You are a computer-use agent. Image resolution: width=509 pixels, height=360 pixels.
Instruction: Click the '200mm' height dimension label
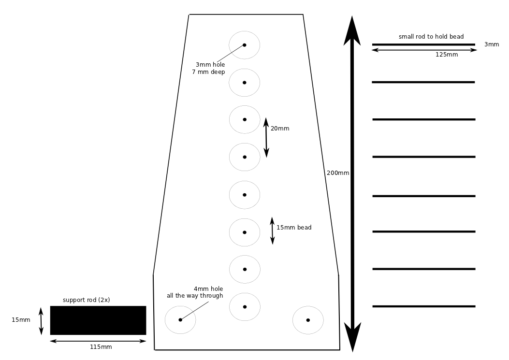tap(337, 173)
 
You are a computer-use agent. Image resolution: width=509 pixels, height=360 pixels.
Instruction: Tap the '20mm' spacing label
tap(280, 129)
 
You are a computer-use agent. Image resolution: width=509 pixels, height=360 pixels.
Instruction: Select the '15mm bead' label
tap(294, 228)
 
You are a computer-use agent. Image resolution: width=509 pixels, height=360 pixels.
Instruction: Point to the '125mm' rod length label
tap(447, 55)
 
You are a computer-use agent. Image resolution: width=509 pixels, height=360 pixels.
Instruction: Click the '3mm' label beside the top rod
tap(492, 44)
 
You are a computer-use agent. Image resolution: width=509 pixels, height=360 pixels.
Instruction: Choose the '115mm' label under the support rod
tap(101, 347)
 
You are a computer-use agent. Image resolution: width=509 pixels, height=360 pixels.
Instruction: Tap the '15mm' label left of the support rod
tap(21, 320)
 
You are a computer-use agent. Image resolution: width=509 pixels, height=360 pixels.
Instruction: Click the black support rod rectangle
tap(98, 320)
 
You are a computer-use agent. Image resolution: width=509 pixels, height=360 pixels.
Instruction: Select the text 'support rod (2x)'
tap(87, 300)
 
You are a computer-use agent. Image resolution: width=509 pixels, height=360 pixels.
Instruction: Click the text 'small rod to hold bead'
tap(431, 37)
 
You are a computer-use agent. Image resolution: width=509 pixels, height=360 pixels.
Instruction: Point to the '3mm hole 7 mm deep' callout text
tap(209, 68)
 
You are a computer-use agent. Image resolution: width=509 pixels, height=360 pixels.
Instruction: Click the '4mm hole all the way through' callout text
tap(195, 292)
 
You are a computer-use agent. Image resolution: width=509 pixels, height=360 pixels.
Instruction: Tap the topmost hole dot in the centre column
tap(245, 45)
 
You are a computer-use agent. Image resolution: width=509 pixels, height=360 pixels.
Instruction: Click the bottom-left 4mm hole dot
tap(180, 320)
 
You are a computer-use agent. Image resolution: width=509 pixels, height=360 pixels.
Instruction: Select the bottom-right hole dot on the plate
tap(308, 320)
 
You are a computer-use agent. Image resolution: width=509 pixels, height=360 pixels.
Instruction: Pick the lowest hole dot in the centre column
tap(245, 307)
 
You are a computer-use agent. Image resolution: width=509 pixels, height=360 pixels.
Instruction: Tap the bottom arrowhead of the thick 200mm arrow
tap(352, 336)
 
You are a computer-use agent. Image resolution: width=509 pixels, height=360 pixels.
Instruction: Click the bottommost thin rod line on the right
tap(424, 306)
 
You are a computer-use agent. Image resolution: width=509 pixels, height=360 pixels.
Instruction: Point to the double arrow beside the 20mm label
tap(266, 138)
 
